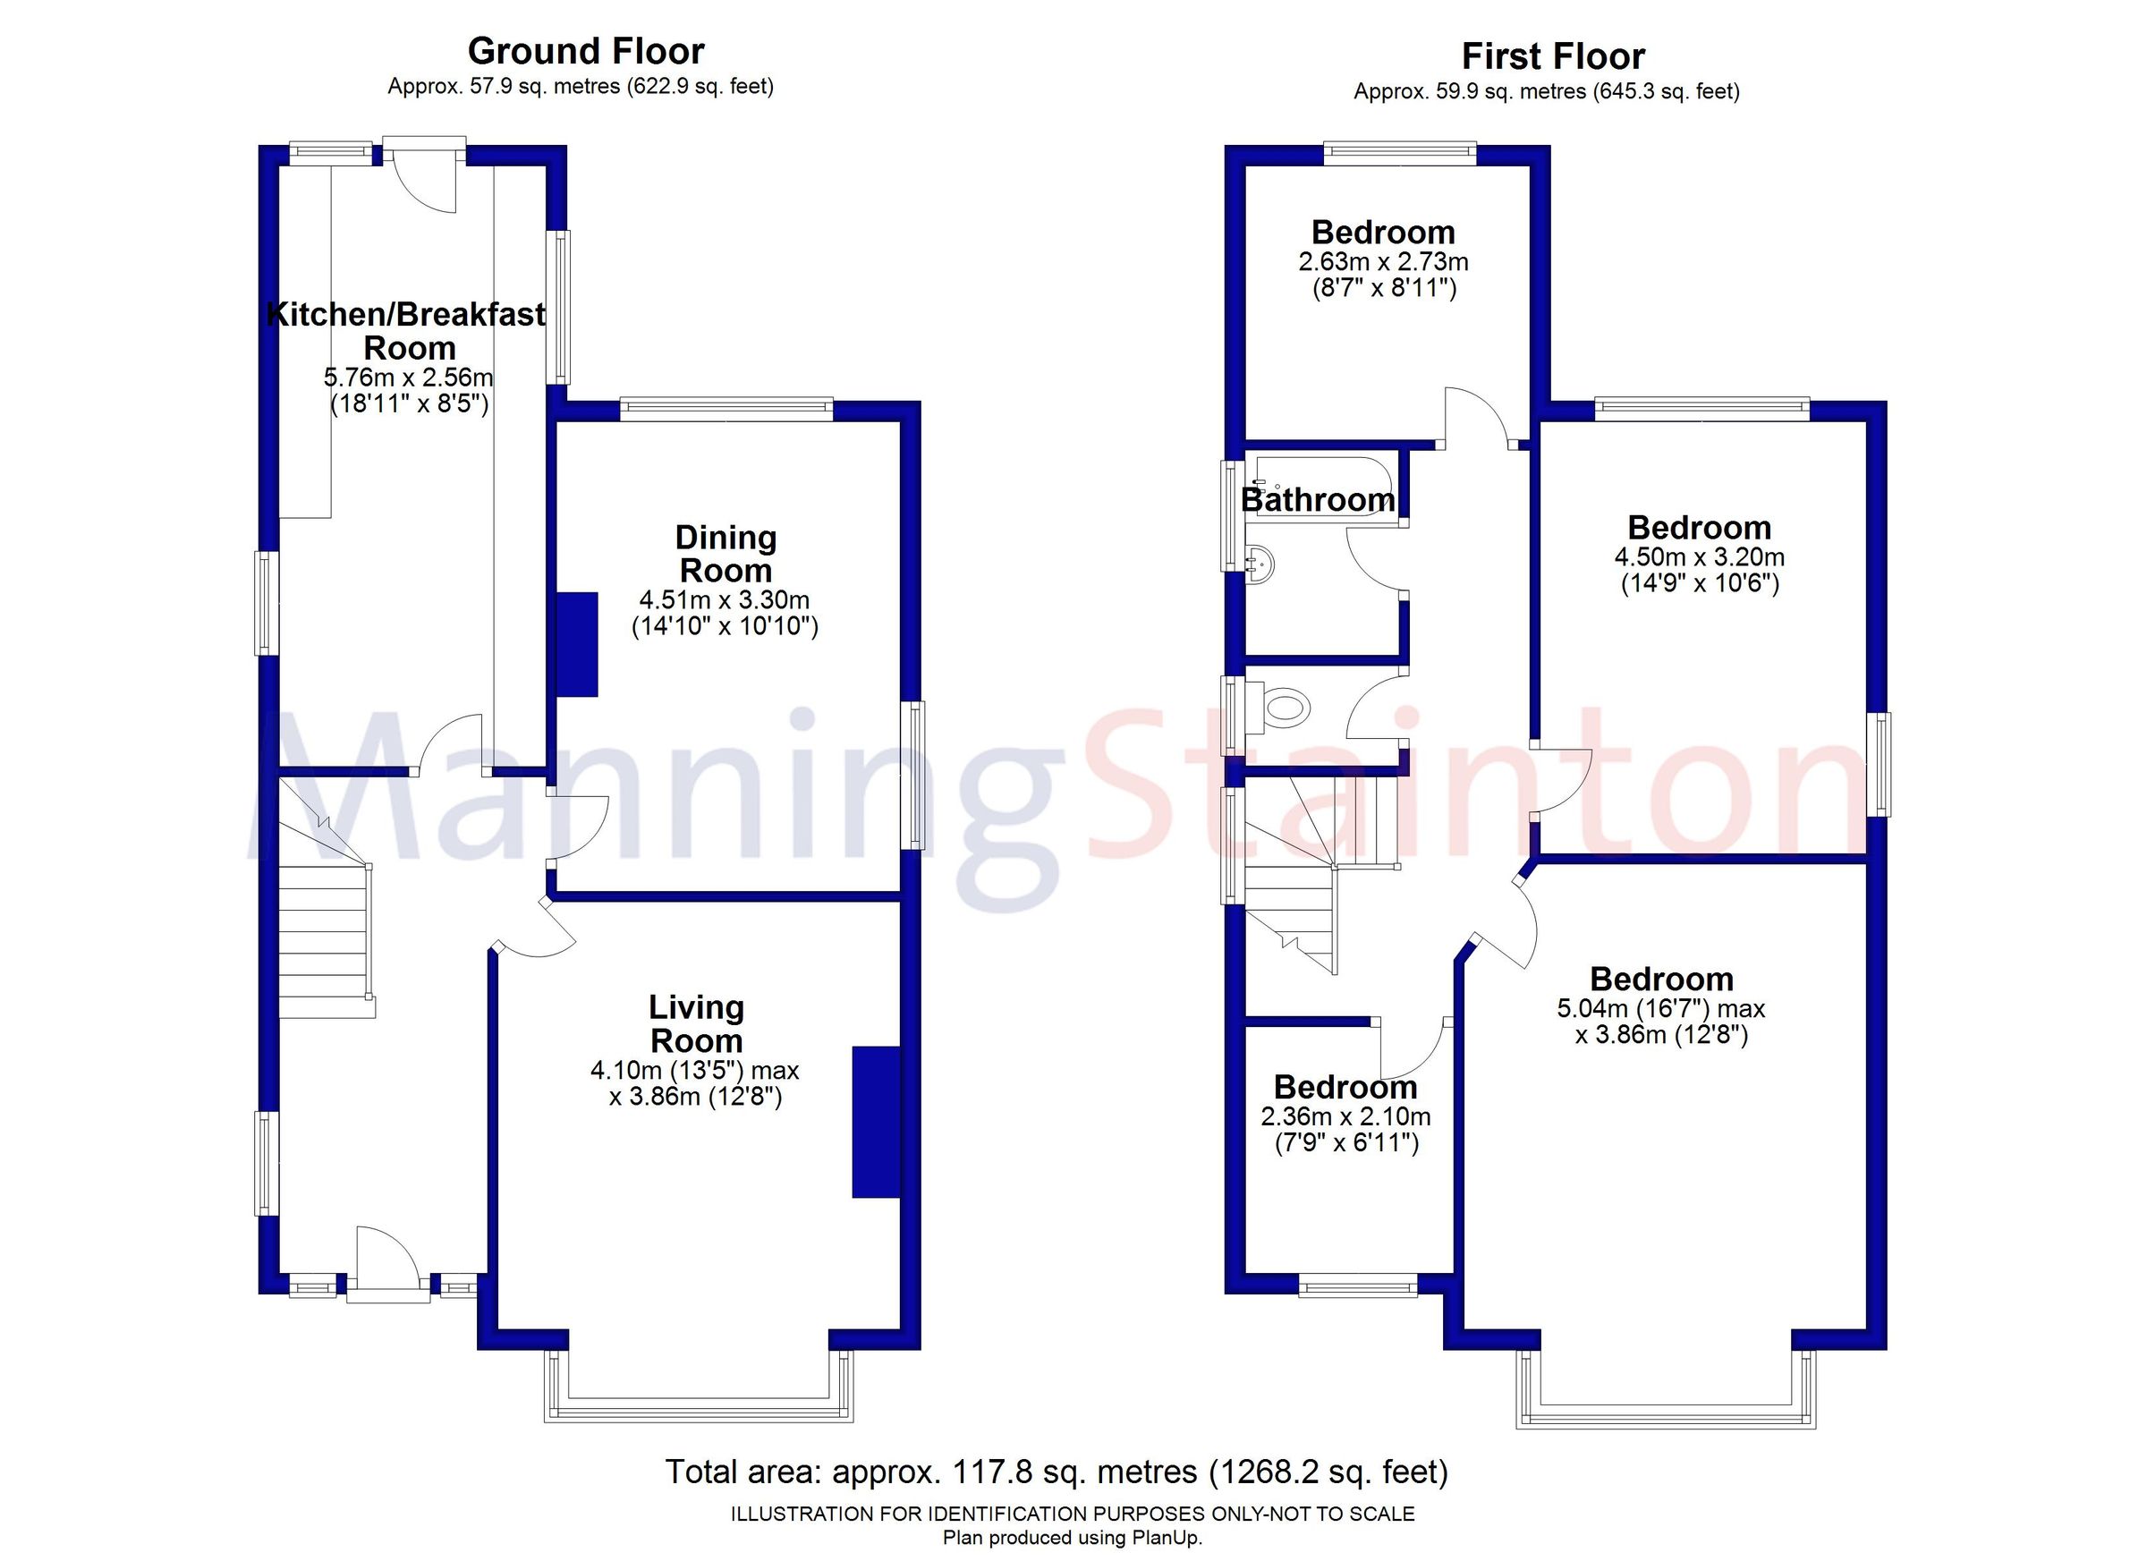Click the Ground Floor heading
point(585,50)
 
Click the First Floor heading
point(1552,55)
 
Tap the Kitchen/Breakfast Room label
point(408,330)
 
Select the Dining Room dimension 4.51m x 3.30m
point(725,599)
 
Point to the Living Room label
point(697,1023)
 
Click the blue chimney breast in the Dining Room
point(576,645)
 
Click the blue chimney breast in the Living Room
point(875,1122)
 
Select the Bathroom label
point(1317,500)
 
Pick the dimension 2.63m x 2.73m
point(1383,261)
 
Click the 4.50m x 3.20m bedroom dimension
point(1699,556)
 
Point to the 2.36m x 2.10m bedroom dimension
point(1345,1116)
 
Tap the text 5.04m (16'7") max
point(1660,1009)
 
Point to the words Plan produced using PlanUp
point(1072,1539)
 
